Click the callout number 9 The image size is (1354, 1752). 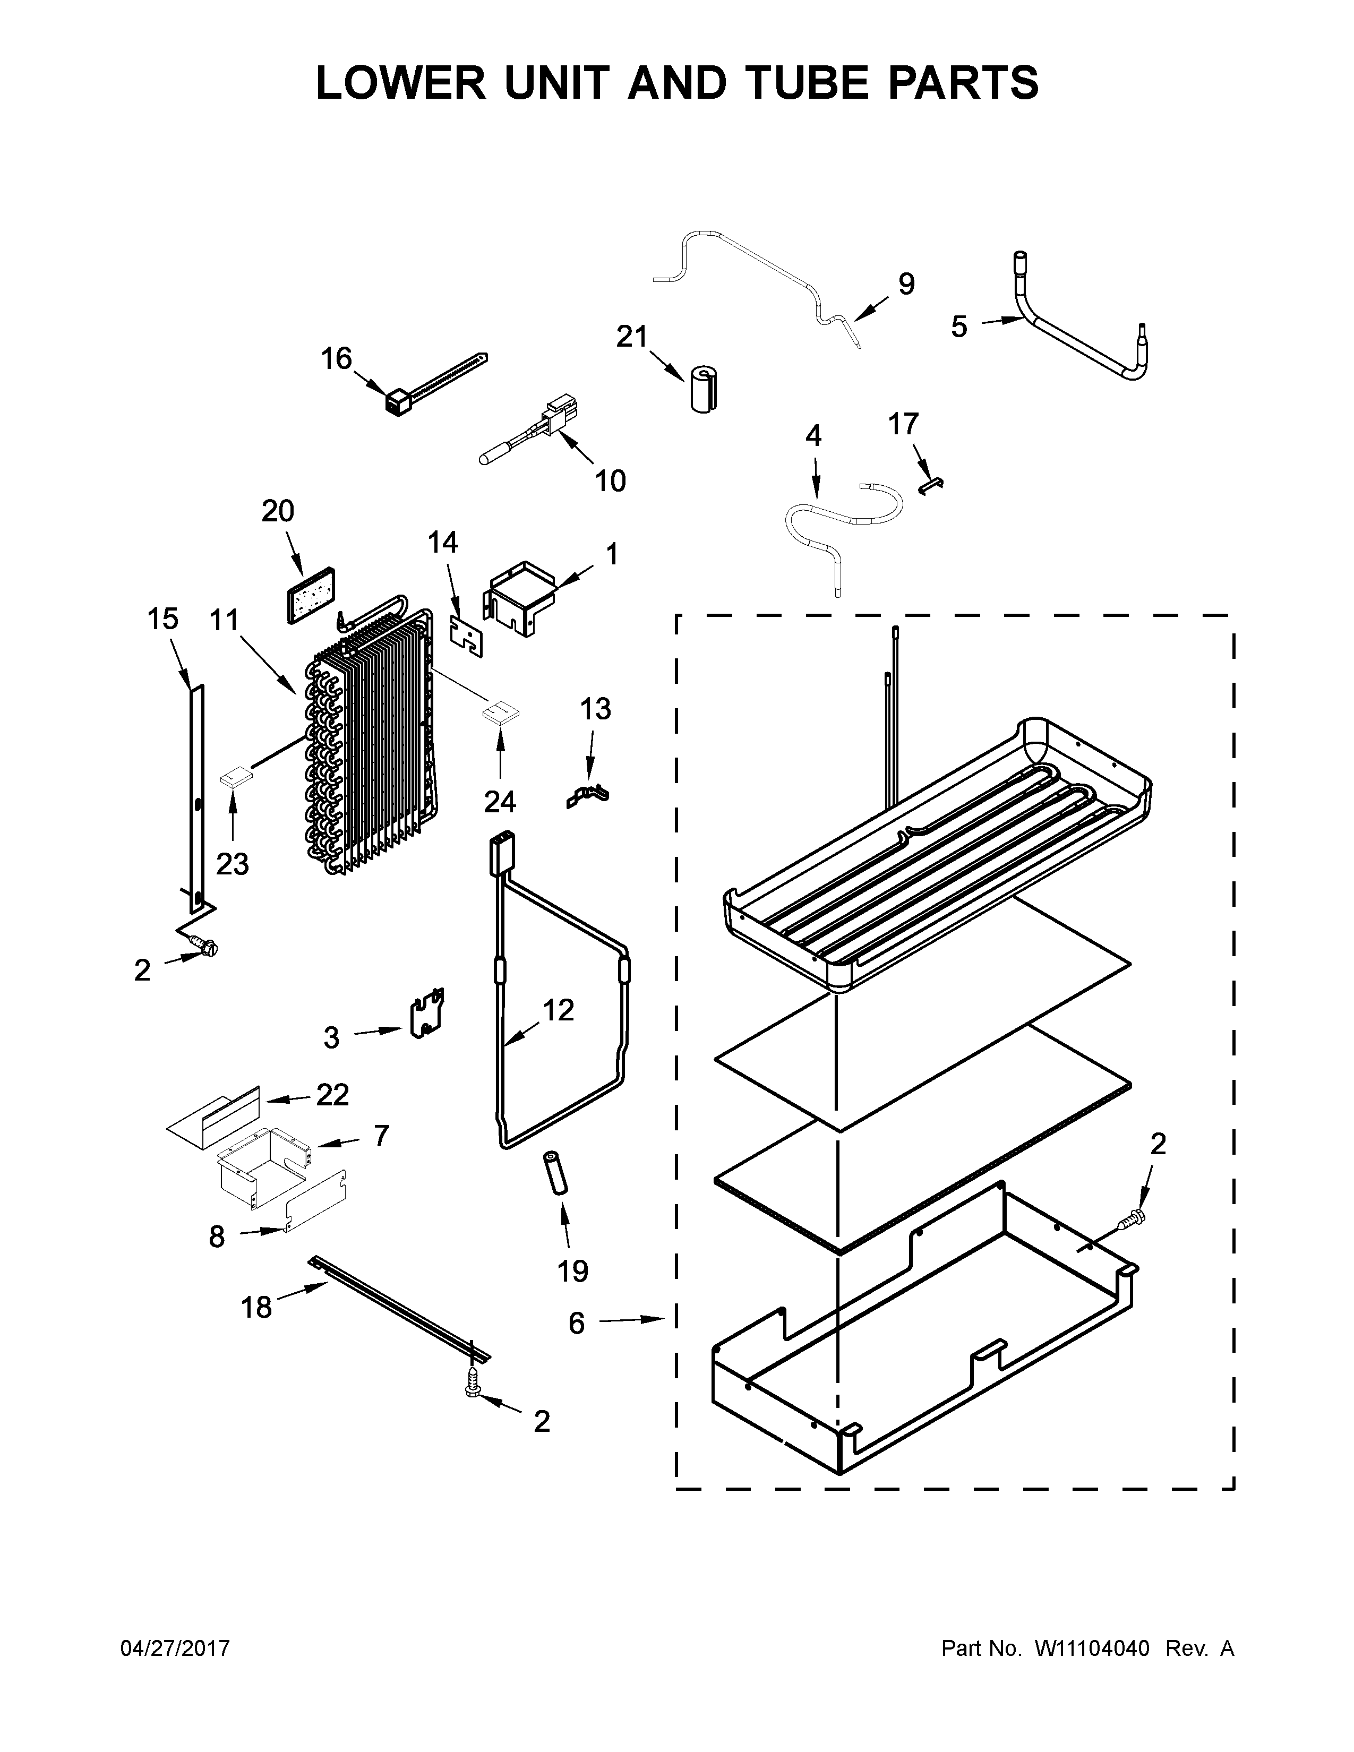point(906,284)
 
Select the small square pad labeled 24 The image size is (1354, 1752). point(500,711)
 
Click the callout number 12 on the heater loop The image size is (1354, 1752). point(558,1009)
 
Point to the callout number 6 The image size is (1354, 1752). point(576,1323)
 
